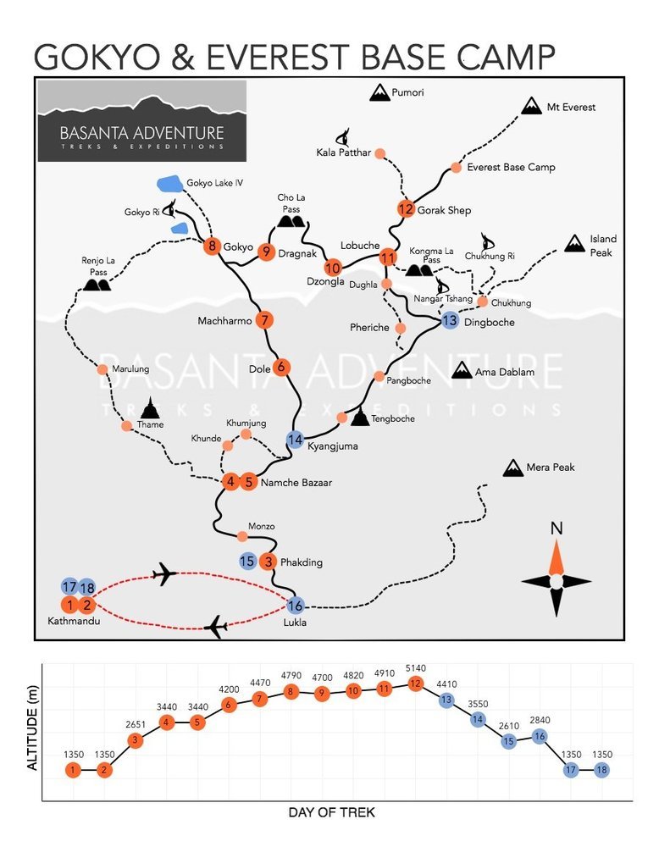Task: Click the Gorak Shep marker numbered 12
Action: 406,208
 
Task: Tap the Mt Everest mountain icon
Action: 532,106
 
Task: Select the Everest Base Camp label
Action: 511,168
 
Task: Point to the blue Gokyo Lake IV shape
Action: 170,184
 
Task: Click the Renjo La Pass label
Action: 98,266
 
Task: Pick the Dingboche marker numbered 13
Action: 450,320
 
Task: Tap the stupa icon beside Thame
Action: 151,408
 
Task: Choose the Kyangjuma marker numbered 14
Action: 295,440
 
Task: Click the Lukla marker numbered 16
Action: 295,606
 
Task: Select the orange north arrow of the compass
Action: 557,557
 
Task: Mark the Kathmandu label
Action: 74,621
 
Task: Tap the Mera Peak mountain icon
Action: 512,468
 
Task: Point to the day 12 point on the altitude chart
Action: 415,684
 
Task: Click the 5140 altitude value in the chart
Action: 416,668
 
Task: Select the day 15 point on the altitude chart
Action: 508,741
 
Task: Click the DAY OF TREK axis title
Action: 332,812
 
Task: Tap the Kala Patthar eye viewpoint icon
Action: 343,136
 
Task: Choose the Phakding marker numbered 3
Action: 268,562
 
